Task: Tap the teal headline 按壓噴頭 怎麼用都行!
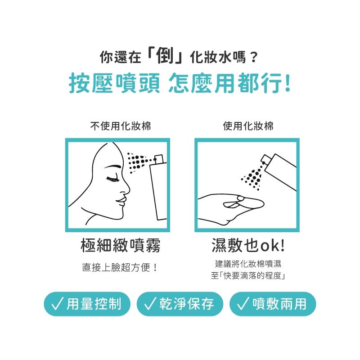pos(180,84)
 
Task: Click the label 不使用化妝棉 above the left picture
pos(120,126)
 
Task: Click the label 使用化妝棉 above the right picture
pos(248,126)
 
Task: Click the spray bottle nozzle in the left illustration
pos(157,159)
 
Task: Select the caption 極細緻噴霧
pos(120,246)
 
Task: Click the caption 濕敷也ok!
pos(248,246)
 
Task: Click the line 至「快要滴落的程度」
pos(248,275)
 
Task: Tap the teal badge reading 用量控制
pos(87,304)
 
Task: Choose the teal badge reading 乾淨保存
pos(180,304)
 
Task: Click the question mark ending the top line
pos(254,57)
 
